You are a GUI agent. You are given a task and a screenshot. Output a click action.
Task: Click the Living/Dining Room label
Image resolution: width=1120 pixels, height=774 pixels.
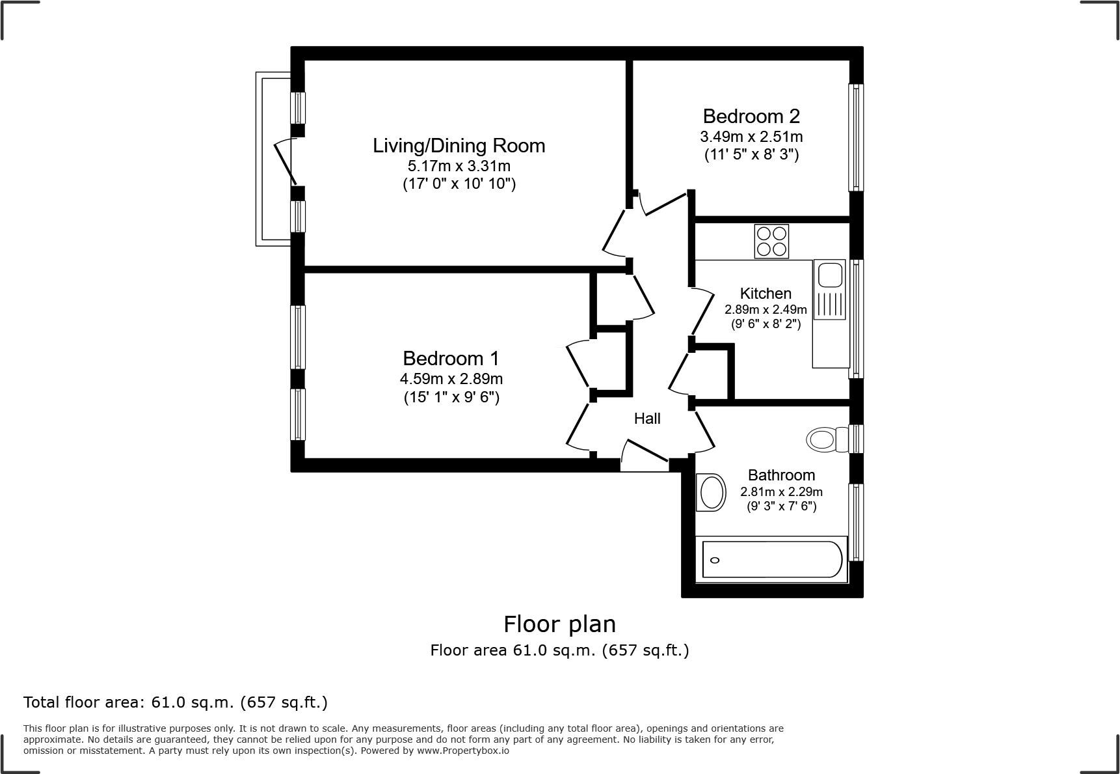pos(459,145)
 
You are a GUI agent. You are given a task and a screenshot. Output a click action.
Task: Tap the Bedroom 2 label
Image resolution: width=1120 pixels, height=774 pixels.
pos(751,116)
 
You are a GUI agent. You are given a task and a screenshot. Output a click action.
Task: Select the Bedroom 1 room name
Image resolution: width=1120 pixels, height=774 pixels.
pos(451,358)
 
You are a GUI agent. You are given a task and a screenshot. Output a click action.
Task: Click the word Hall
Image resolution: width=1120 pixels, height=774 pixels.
pos(647,419)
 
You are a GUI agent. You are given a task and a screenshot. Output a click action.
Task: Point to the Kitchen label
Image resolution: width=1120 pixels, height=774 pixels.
pos(766,293)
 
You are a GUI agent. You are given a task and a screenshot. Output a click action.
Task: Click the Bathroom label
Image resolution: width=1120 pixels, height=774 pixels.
pos(781,475)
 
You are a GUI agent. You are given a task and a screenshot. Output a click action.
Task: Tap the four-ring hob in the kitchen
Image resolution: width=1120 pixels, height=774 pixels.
pos(771,241)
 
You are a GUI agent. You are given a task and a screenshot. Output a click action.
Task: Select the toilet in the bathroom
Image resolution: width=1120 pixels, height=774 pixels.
pos(825,439)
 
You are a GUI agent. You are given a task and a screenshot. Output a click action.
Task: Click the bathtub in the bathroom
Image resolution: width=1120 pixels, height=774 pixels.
pos(772,559)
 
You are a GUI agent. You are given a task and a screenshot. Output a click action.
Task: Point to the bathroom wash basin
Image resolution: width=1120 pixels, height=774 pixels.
pos(710,493)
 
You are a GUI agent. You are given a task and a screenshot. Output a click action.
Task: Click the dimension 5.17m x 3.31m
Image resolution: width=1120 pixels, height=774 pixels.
pos(459,166)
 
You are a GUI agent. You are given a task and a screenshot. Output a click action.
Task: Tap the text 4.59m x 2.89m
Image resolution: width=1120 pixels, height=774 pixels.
pos(451,379)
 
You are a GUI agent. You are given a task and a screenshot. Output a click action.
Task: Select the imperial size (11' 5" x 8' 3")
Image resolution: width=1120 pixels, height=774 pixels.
pos(751,155)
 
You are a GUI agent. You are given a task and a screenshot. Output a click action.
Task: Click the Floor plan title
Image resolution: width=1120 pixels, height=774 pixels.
pos(559,624)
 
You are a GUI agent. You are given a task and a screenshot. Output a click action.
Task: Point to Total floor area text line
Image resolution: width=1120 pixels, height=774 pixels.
pos(176,702)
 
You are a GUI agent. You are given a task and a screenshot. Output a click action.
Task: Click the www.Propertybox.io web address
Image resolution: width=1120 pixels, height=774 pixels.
pos(462,751)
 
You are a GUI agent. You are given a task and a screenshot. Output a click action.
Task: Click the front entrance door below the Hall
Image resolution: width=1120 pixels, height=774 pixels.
pos(645,456)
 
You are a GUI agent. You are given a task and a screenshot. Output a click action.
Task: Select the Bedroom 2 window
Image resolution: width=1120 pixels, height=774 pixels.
pos(856,137)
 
